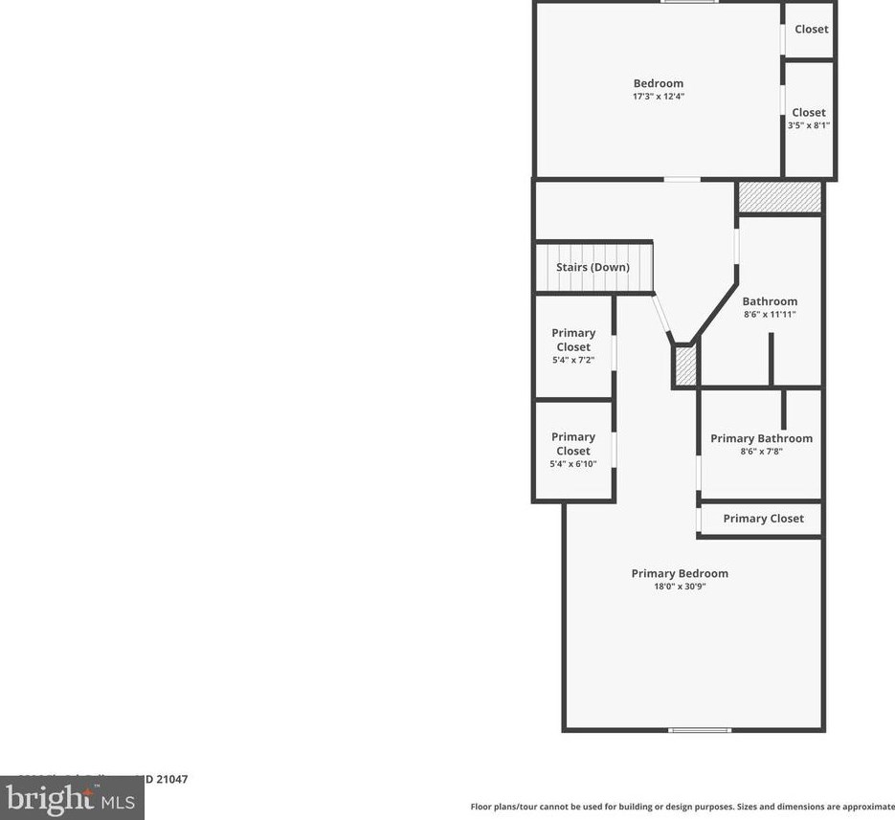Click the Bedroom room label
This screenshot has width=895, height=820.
pyautogui.click(x=659, y=83)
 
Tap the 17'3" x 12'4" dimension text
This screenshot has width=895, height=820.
pyautogui.click(x=659, y=97)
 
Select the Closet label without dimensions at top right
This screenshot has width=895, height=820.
pyautogui.click(x=811, y=29)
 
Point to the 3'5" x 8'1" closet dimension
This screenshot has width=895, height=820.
pyautogui.click(x=809, y=125)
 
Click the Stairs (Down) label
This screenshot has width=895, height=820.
pyautogui.click(x=593, y=267)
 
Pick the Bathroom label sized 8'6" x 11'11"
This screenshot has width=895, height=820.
pyautogui.click(x=770, y=301)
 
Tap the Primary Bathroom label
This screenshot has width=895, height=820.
pyautogui.click(x=761, y=438)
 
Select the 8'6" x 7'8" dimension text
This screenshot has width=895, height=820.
pyautogui.click(x=761, y=452)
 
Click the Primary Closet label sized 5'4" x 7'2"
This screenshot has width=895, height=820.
pyautogui.click(x=573, y=340)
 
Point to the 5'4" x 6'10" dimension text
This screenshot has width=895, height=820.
pyautogui.click(x=573, y=464)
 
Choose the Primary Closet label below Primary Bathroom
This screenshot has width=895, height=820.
pyautogui.click(x=763, y=519)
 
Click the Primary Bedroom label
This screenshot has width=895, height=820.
pyautogui.click(x=680, y=573)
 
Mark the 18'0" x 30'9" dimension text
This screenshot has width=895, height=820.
pyautogui.click(x=680, y=587)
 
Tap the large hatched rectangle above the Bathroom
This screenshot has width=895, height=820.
pyautogui.click(x=779, y=198)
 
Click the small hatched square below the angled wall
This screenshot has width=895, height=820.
pyautogui.click(x=685, y=366)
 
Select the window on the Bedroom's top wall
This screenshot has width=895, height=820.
pyautogui.click(x=689, y=2)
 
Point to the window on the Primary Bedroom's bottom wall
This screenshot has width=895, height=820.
pyautogui.click(x=700, y=730)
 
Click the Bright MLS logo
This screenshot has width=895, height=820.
pyautogui.click(x=72, y=798)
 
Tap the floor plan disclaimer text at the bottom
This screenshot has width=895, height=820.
pyautogui.click(x=682, y=807)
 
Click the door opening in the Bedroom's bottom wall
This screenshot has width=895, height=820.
pyautogui.click(x=682, y=179)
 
